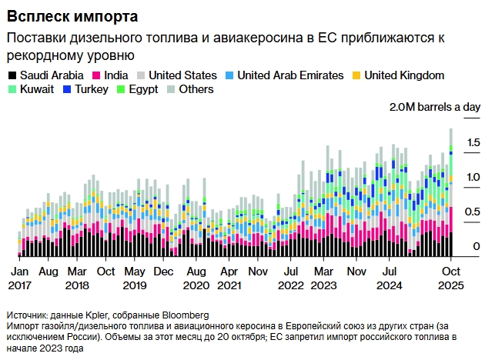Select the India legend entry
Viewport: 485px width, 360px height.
(110, 75)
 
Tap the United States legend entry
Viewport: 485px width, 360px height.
(176, 75)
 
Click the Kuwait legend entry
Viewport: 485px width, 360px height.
(32, 89)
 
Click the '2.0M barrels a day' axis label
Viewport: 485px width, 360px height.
(434, 107)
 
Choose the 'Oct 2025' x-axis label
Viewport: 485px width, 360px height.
(451, 278)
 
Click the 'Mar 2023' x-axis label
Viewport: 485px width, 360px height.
(324, 278)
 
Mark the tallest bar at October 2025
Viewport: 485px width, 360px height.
(451, 192)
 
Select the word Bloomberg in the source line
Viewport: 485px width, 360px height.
(184, 315)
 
